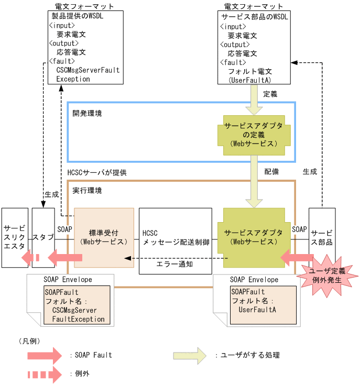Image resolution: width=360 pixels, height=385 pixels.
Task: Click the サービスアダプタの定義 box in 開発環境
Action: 254,135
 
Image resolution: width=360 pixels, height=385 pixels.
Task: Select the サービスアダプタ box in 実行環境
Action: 254,237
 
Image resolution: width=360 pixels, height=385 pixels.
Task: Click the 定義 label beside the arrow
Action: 270,94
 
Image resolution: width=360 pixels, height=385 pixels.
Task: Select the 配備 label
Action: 271,171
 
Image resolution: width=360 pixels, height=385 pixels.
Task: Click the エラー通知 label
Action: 175,265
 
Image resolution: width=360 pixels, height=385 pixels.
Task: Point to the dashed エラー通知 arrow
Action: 178,258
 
